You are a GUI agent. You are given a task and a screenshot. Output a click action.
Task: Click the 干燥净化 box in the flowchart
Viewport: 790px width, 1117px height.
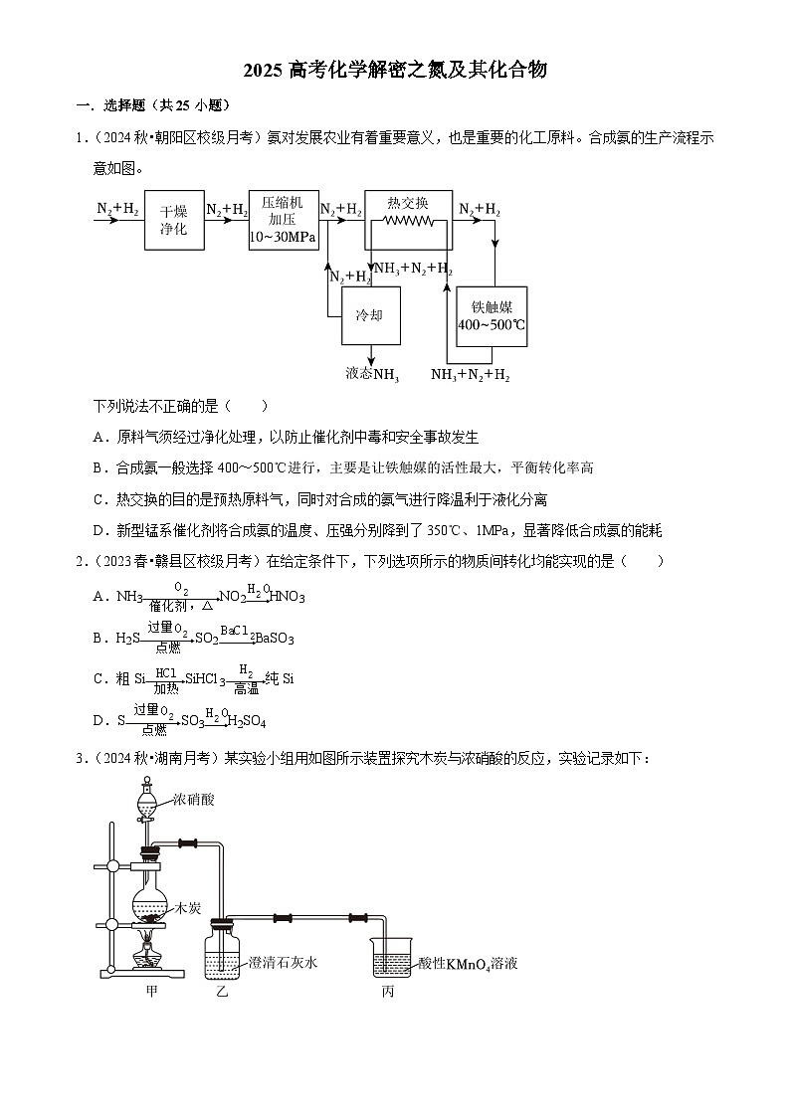coord(174,220)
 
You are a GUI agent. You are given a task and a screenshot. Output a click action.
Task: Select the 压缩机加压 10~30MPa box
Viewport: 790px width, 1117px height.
coord(283,220)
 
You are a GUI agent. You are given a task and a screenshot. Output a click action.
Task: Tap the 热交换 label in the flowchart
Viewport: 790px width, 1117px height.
coord(408,202)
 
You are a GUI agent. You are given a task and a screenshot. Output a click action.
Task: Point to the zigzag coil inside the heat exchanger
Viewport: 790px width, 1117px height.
coord(409,224)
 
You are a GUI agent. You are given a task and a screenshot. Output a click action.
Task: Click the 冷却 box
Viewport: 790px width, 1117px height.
coord(370,315)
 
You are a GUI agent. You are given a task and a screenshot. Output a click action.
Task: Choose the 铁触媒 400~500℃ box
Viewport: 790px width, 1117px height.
coord(492,316)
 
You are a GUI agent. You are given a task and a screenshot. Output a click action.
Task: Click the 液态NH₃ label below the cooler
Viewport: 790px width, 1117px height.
coord(372,374)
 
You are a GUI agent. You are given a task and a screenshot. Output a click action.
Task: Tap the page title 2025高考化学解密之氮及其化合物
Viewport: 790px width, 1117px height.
coord(395,70)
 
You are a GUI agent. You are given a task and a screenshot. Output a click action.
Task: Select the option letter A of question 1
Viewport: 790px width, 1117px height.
coord(99,437)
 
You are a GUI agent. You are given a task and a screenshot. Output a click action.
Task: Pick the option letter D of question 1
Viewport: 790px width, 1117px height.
coord(99,530)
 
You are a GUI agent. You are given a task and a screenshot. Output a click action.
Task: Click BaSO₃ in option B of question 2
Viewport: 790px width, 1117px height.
coord(275,639)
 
